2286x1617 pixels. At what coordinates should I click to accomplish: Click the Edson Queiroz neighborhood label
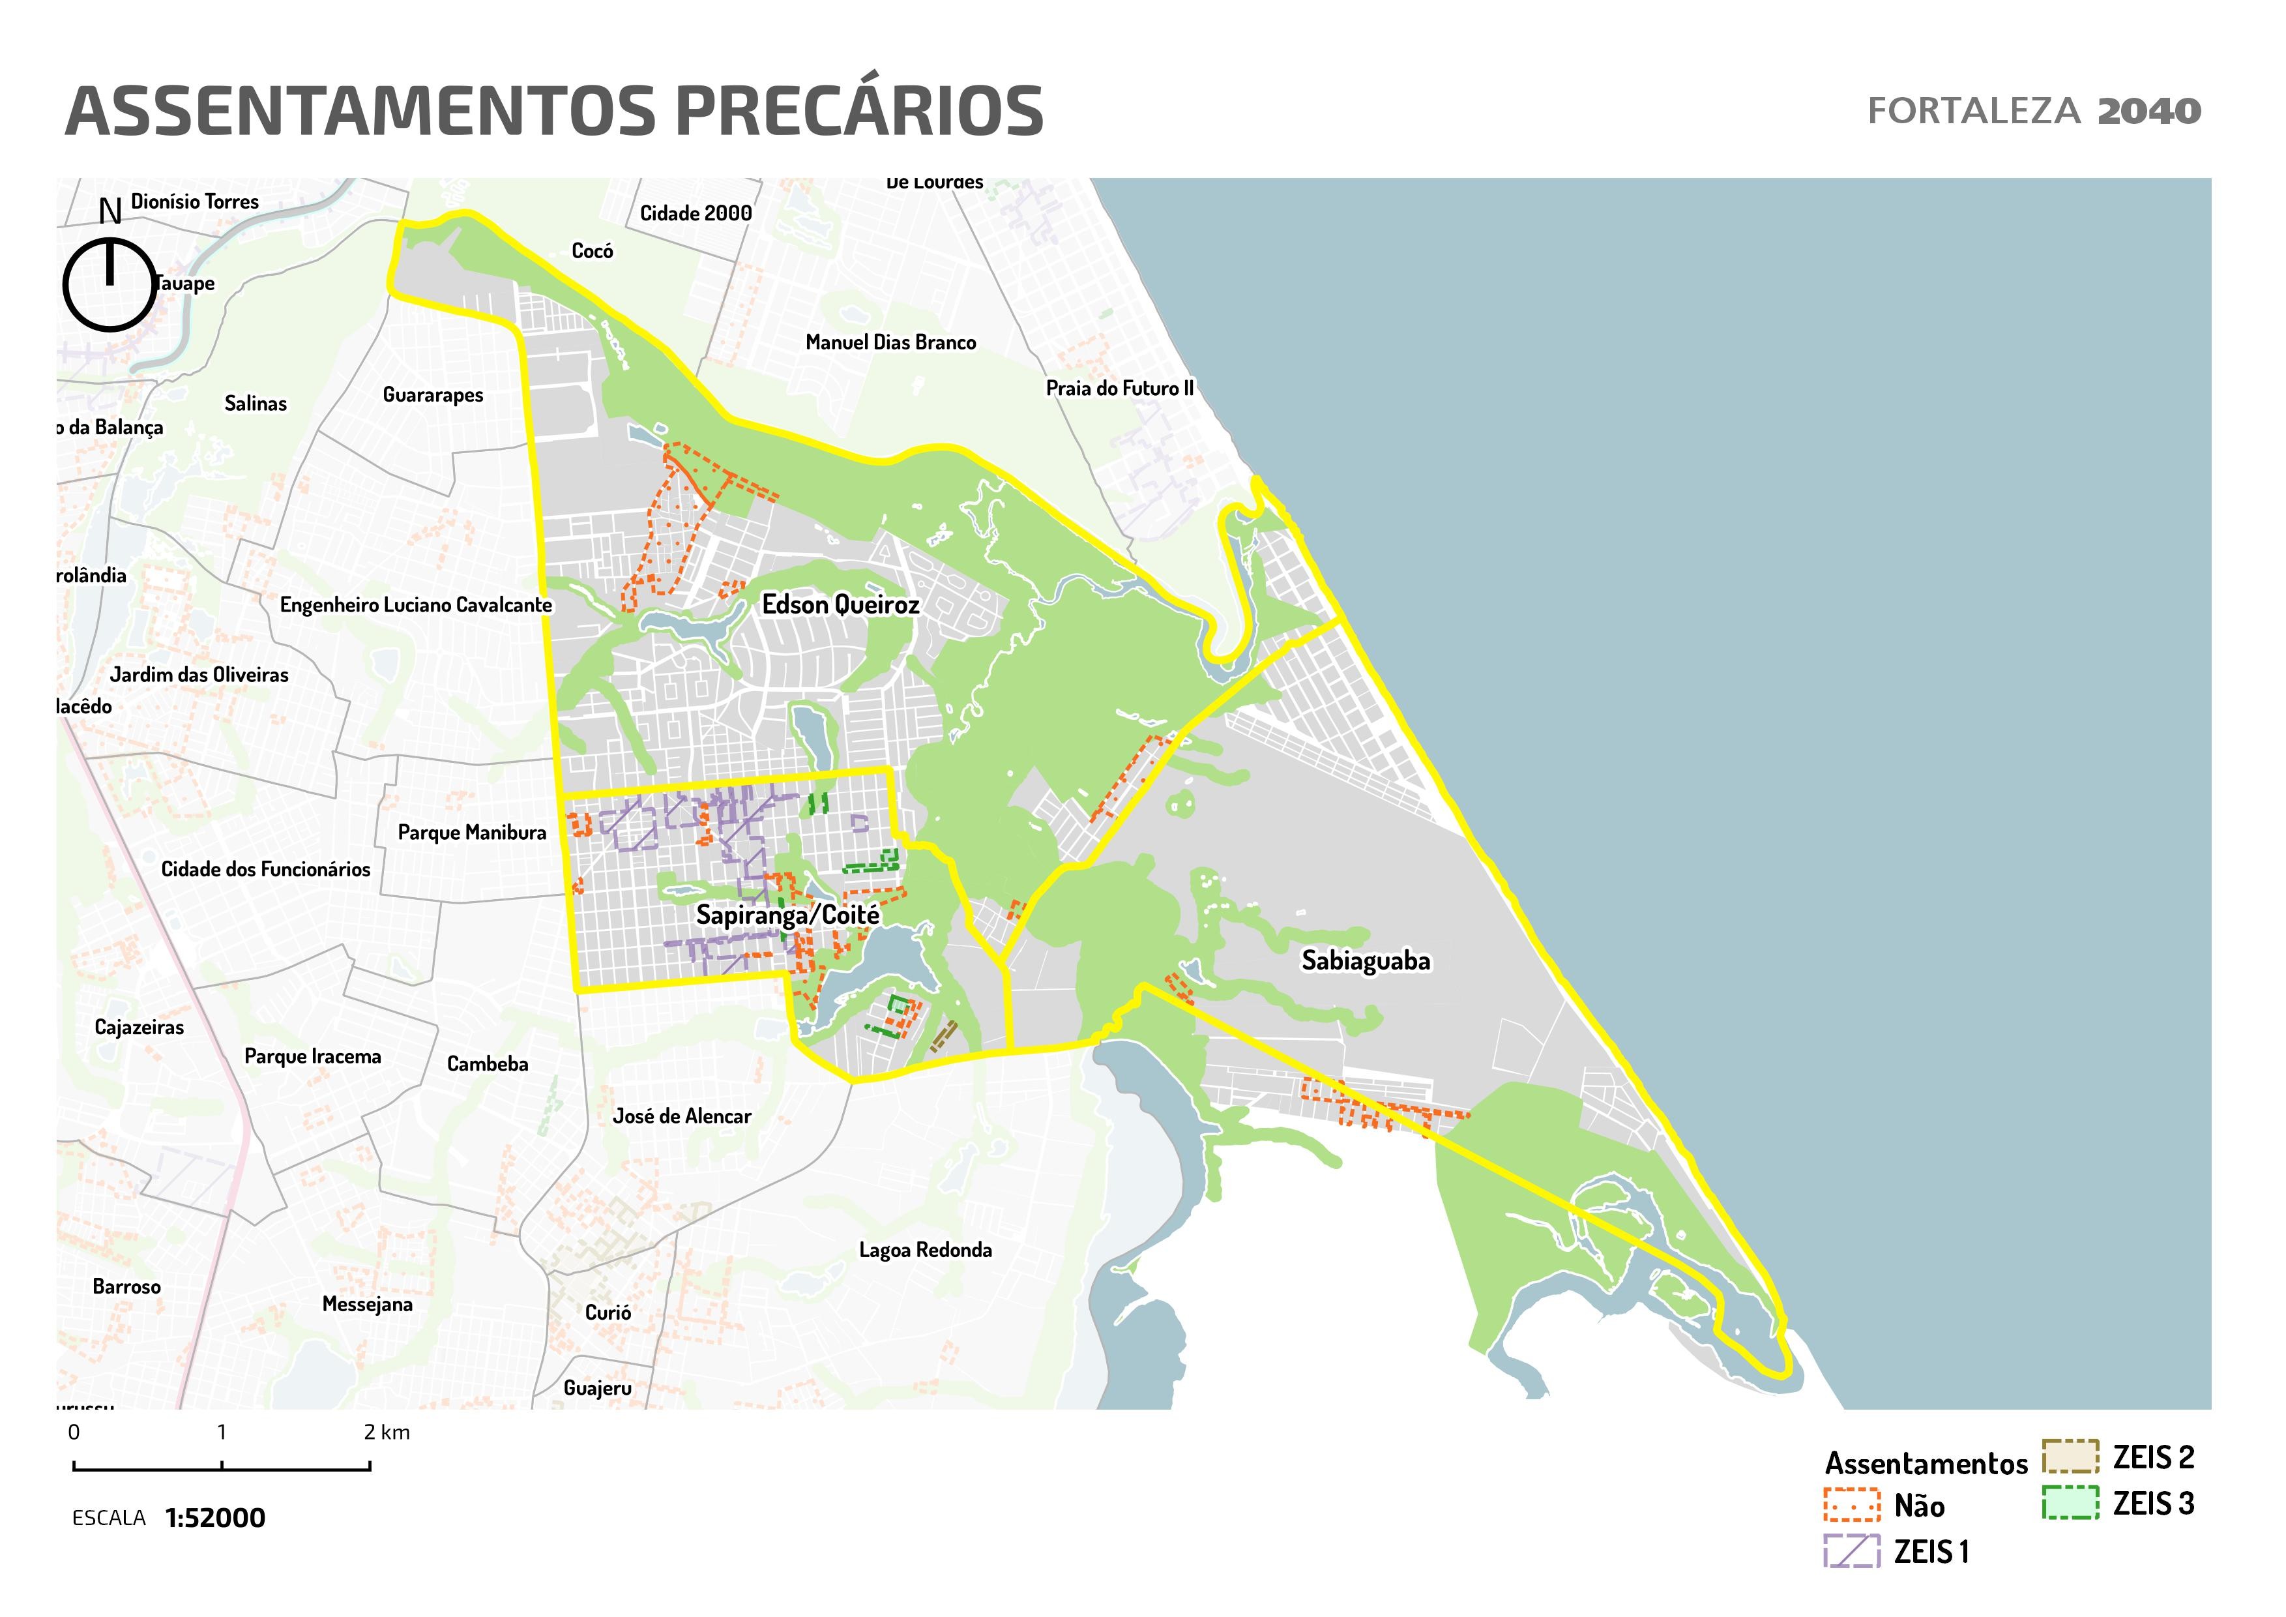pyautogui.click(x=840, y=604)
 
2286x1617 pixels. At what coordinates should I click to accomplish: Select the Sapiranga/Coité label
pyautogui.click(x=787, y=915)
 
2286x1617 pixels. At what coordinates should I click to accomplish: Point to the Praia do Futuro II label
pyautogui.click(x=1119, y=389)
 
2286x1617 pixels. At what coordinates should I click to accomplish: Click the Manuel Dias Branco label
pyautogui.click(x=890, y=342)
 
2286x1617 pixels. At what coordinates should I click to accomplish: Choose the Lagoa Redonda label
pyautogui.click(x=925, y=1250)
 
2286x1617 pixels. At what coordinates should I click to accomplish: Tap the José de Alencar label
pyautogui.click(x=681, y=1116)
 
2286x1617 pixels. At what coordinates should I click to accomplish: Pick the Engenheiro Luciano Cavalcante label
pyautogui.click(x=415, y=604)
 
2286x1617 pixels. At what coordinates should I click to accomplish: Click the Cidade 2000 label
pyautogui.click(x=695, y=213)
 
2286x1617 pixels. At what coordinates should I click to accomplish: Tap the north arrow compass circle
pyautogui.click(x=110, y=285)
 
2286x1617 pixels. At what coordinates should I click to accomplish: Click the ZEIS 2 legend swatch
pyautogui.click(x=2070, y=1457)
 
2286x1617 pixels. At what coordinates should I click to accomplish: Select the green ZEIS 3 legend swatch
pyautogui.click(x=2070, y=1502)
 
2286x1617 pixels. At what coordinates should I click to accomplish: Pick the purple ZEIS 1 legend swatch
pyautogui.click(x=1852, y=1551)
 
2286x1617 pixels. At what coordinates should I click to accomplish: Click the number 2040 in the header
pyautogui.click(x=2148, y=111)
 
